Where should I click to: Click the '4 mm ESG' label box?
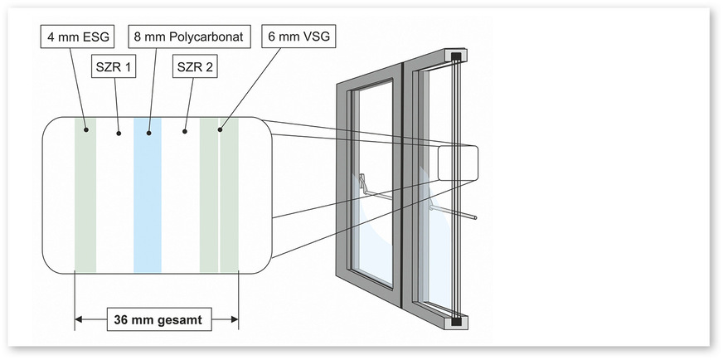[78, 36]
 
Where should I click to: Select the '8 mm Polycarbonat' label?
[189, 36]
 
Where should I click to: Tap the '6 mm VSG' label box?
[298, 36]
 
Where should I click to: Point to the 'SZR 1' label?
[114, 67]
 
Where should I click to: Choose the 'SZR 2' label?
[195, 67]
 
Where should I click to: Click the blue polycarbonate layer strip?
[148, 196]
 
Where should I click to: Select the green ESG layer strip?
[85, 196]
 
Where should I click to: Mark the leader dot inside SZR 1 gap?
[119, 133]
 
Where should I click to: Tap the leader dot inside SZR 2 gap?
[184, 132]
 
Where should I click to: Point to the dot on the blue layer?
[149, 133]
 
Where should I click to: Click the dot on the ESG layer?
[85, 130]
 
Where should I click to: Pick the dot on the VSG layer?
[220, 129]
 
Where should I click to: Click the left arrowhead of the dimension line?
[79, 319]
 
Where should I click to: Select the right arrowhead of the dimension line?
[235, 319]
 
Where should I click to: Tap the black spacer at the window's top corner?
[456, 57]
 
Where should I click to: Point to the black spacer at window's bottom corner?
[456, 322]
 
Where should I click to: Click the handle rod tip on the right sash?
[474, 217]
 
